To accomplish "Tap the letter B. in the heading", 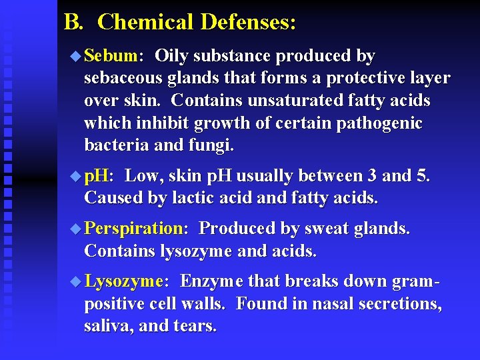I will tap(73, 22).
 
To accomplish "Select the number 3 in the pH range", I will tap(371, 176).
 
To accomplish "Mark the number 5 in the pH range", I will tap(425, 176).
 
